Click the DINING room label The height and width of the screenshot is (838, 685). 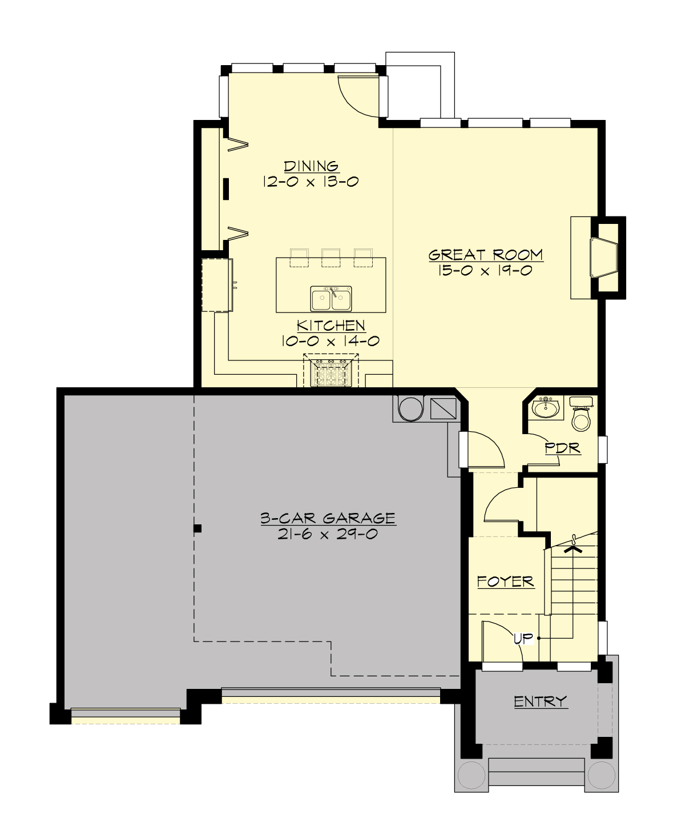point(312,166)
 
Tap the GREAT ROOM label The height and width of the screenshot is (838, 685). point(485,255)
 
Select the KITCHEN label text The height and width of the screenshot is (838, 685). point(331,326)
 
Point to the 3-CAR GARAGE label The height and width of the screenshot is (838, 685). point(328,518)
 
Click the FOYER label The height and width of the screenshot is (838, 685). point(505,582)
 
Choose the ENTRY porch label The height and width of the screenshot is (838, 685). point(540,701)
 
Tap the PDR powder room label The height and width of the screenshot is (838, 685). point(562,448)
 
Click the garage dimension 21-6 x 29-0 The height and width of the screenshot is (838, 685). point(328,534)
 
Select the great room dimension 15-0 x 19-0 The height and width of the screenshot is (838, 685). point(485,270)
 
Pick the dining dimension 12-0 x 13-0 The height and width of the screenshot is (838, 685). point(311,182)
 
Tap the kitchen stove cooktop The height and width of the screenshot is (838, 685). point(331,373)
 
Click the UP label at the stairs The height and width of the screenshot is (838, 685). point(522,639)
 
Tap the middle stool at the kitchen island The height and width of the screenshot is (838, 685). point(331,258)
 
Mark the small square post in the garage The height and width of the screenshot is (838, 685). point(198,528)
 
